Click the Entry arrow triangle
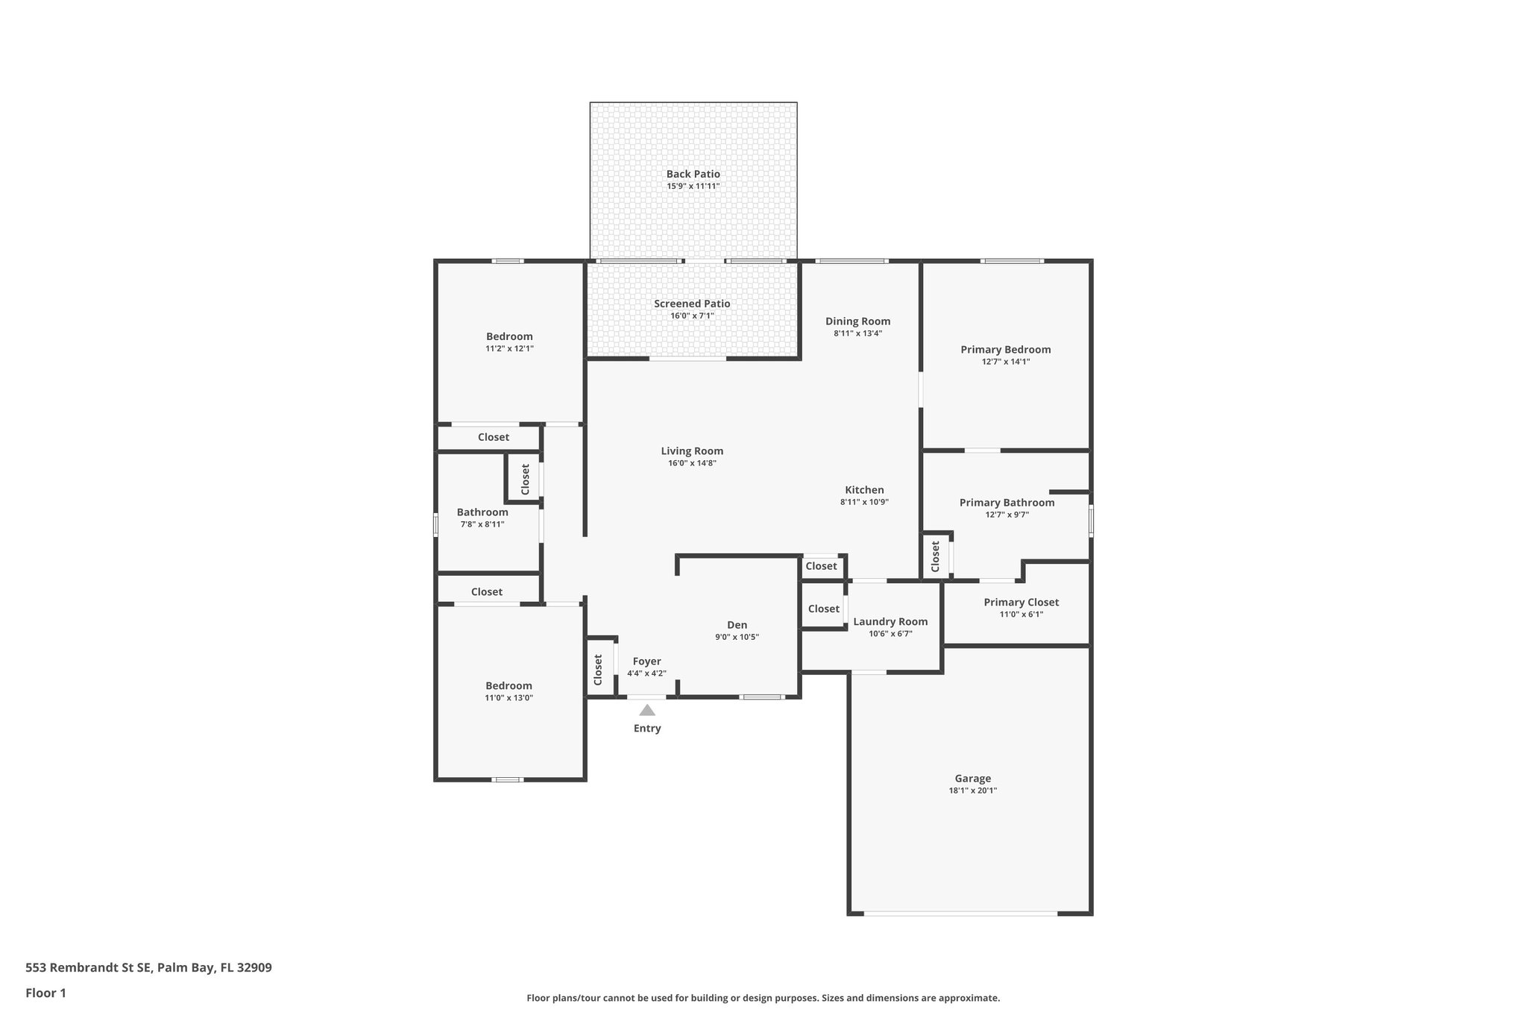tap(647, 710)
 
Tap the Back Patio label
tap(693, 174)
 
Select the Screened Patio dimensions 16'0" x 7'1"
tap(692, 316)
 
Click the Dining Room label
tap(857, 321)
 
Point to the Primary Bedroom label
tap(1005, 349)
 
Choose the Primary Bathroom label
tap(1007, 503)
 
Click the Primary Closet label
tap(1021, 603)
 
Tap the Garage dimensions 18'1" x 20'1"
tap(972, 791)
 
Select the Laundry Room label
tap(890, 622)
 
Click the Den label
tap(737, 625)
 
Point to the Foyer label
tap(646, 662)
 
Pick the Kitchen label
tap(864, 490)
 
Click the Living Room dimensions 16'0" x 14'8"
tap(692, 463)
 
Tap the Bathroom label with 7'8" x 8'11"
tap(482, 512)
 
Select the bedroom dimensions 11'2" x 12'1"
tap(509, 348)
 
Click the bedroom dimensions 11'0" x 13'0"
tap(509, 698)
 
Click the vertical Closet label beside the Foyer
tap(598, 670)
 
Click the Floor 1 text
tap(45, 993)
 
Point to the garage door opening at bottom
tap(960, 914)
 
